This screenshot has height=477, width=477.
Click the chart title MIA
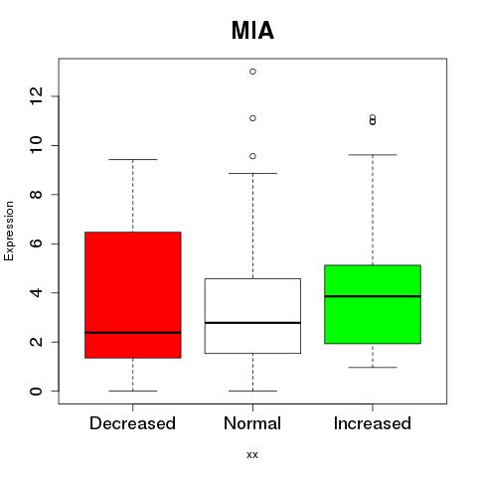[x=252, y=31]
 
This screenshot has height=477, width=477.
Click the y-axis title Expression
[x=9, y=231]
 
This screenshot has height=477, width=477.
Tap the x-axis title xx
[x=252, y=454]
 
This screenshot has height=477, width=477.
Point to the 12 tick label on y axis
[x=36, y=96]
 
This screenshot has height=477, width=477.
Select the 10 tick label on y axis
[x=36, y=145]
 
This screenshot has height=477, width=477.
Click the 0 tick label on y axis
[x=36, y=391]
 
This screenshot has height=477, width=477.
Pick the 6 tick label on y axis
[x=36, y=243]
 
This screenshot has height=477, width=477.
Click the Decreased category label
[x=132, y=423]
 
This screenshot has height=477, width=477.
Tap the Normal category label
[x=252, y=423]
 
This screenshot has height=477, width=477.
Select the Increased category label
[x=373, y=423]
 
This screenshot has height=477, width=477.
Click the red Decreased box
[x=133, y=295]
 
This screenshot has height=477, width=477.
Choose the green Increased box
[x=373, y=304]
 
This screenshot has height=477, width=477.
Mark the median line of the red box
[x=133, y=333]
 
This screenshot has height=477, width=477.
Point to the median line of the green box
[x=373, y=296]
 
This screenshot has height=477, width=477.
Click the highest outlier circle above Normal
[x=252, y=72]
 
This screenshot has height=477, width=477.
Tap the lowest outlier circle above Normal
[x=252, y=156]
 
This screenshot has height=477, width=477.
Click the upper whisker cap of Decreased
[x=133, y=159]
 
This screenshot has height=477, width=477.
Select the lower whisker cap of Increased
[x=373, y=368]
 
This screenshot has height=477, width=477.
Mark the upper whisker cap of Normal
[x=252, y=173]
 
